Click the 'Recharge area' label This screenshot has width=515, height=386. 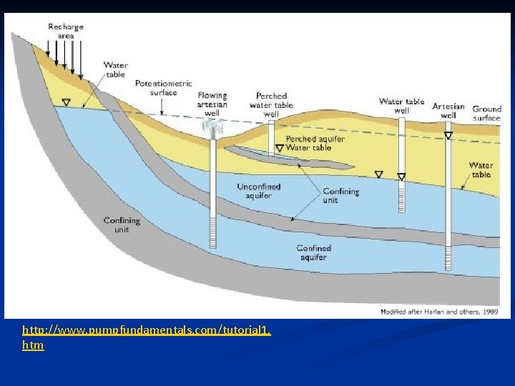(66, 31)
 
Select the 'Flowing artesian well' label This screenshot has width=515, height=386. (212, 104)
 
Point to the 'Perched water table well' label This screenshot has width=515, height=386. (271, 104)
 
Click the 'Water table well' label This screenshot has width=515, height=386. (401, 106)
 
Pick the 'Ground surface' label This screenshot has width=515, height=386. (486, 114)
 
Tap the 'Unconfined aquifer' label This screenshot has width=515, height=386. (258, 191)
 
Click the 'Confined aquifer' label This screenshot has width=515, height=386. (314, 252)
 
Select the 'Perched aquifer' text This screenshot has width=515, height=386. (315, 139)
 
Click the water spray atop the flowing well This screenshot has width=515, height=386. (212, 128)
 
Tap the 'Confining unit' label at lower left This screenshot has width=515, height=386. (121, 225)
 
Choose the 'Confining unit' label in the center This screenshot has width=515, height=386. (340, 196)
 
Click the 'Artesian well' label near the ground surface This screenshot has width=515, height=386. (448, 110)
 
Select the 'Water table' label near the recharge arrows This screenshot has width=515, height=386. (115, 69)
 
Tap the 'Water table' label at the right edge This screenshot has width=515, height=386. (481, 169)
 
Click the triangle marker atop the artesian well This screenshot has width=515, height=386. (448, 134)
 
